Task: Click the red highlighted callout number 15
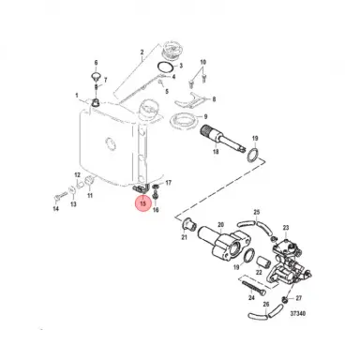click(142, 202)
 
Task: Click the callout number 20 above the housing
click(220, 225)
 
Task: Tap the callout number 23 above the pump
click(285, 228)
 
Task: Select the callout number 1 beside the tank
click(76, 95)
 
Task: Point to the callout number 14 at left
click(55, 208)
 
